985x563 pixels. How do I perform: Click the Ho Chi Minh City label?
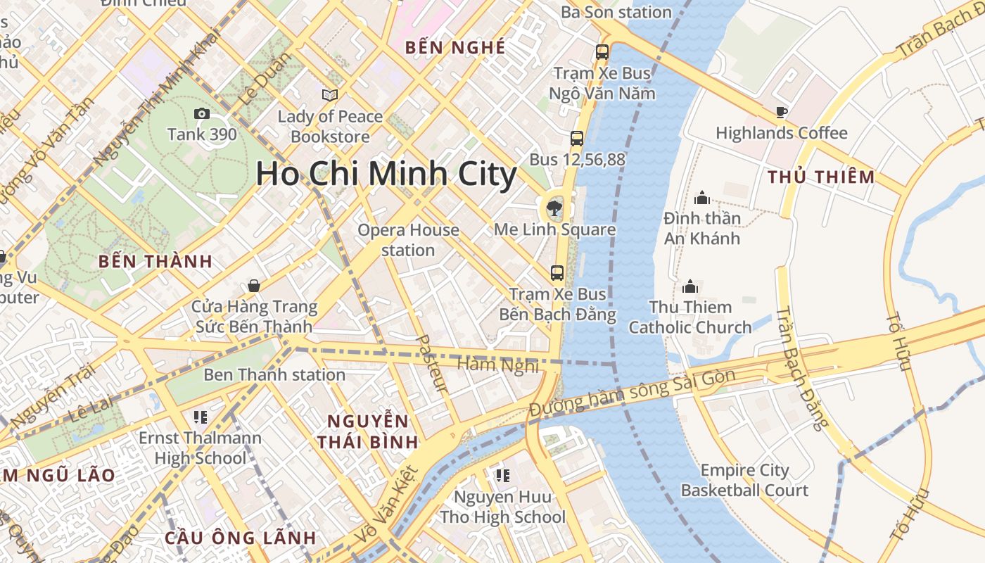[386, 174]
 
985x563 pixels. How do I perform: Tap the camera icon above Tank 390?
[202, 113]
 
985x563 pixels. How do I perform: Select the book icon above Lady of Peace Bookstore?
[329, 95]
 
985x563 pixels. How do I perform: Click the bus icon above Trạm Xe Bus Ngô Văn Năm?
[602, 51]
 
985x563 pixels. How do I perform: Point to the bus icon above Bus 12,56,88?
[577, 138]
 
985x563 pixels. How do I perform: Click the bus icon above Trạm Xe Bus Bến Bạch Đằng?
[557, 272]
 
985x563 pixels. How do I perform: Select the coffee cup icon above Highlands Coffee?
[781, 112]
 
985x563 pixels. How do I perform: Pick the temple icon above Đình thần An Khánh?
[701, 198]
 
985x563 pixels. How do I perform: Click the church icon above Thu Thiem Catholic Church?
[690, 286]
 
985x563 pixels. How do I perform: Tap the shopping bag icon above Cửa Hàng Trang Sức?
[254, 286]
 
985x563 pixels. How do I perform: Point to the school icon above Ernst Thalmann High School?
[200, 417]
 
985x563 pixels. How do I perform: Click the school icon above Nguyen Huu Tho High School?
[502, 476]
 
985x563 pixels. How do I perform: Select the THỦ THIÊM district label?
[821, 177]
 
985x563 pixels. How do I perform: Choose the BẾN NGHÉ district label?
[456, 47]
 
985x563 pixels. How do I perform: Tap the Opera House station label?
[408, 240]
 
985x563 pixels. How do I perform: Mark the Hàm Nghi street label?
[497, 365]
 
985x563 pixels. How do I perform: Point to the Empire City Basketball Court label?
[744, 480]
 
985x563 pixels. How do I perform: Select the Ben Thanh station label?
[274, 374]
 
